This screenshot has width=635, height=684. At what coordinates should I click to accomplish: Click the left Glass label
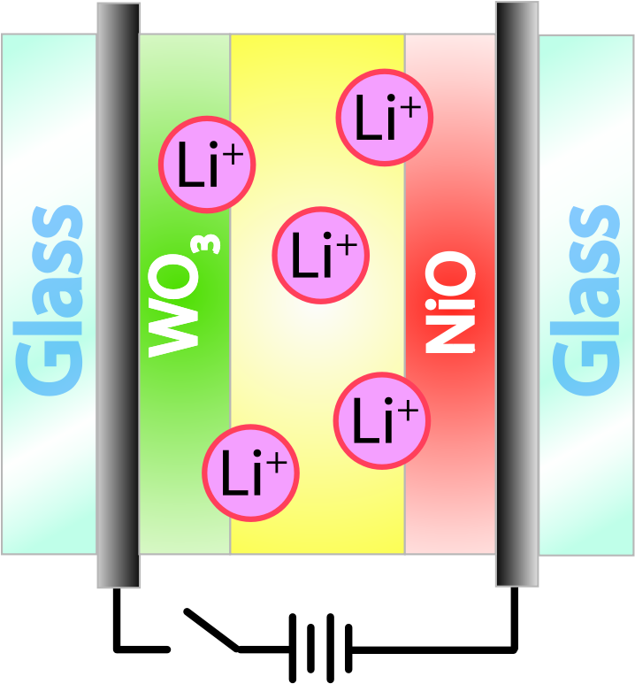coord(49,301)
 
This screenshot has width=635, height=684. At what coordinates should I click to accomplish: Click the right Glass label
coord(585,301)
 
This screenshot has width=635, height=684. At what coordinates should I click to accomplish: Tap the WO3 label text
coord(183,296)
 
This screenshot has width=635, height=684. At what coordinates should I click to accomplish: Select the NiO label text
coord(449,302)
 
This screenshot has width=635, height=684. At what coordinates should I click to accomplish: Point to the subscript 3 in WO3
coord(212,244)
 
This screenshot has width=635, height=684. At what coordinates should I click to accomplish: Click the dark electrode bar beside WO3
coord(119,296)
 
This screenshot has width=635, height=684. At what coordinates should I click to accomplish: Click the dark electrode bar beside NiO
coord(517,294)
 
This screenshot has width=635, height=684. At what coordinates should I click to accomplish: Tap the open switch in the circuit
coord(211,630)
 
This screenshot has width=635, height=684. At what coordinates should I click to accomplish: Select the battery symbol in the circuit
coord(320,649)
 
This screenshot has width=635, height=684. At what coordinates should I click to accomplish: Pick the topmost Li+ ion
coord(384,118)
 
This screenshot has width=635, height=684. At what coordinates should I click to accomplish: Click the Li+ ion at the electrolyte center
coord(320,255)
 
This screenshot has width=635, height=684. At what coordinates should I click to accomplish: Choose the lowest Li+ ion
coord(250,473)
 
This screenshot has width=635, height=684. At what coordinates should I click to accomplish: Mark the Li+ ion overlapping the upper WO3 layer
coord(207,165)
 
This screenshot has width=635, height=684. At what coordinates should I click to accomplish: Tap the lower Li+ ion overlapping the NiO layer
coord(382,420)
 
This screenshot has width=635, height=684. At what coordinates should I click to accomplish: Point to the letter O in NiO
coord(449,273)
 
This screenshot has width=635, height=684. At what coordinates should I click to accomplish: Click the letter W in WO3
coord(173,332)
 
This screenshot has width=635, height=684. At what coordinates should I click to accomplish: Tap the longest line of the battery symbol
coord(293,649)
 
